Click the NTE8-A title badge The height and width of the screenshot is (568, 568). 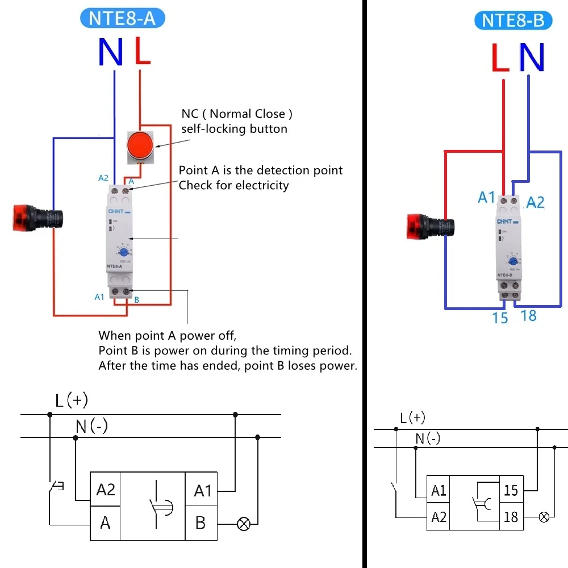point(122,18)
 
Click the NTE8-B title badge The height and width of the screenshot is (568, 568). point(513,20)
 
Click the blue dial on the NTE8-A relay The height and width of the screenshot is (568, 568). point(124,252)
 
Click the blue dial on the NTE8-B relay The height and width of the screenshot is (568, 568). point(513,261)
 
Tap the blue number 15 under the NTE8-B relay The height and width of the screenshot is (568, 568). point(500,318)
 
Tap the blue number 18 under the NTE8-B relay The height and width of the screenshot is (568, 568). point(528,316)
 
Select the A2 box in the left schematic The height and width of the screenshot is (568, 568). point(106,490)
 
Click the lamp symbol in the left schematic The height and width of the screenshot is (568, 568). point(243,524)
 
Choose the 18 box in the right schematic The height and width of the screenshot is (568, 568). point(511,517)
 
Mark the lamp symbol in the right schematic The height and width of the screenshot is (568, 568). point(544,517)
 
